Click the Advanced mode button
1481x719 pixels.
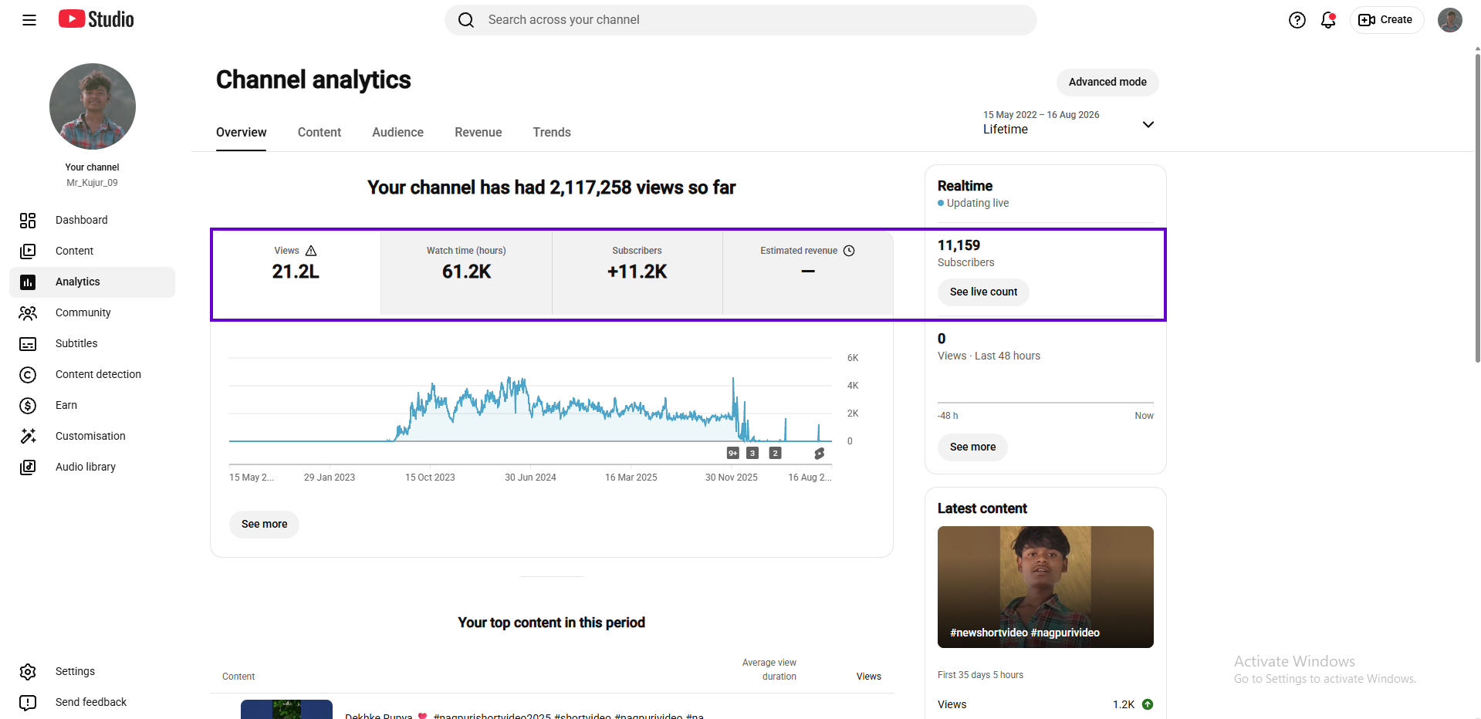click(x=1107, y=82)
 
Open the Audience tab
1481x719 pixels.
click(x=397, y=132)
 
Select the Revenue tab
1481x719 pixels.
click(x=478, y=132)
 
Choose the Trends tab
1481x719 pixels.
click(x=552, y=132)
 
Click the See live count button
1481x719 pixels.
click(x=983, y=292)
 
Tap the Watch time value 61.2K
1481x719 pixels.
click(x=466, y=272)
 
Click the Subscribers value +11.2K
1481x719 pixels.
click(x=637, y=272)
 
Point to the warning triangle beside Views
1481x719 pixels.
click(x=311, y=251)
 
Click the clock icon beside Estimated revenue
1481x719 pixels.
click(x=849, y=251)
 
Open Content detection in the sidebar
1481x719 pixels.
click(x=98, y=374)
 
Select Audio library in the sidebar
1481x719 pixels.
click(x=86, y=467)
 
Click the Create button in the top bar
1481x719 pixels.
click(x=1387, y=20)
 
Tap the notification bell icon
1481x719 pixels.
click(x=1328, y=20)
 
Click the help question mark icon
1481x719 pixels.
click(x=1297, y=20)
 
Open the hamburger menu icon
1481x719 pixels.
click(x=29, y=20)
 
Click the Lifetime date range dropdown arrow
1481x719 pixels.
click(x=1148, y=124)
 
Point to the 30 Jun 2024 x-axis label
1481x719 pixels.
click(x=530, y=478)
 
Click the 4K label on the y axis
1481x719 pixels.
click(x=853, y=386)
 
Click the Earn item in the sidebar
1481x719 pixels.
click(x=66, y=405)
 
